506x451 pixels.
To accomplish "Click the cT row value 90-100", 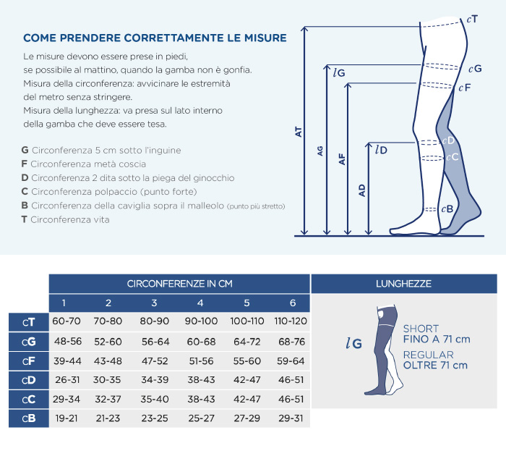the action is pos(201,321).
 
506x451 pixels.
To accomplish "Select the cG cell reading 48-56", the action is pos(68,341).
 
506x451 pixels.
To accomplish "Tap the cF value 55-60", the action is pos(247,361).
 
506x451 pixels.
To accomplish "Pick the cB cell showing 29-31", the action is pos(291,418).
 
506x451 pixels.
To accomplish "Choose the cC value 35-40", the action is pos(155,400).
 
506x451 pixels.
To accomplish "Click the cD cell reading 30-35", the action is pos(107,380).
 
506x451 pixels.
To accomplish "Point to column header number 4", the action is pos(200,303).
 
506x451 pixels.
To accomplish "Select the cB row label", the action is pos(29,418).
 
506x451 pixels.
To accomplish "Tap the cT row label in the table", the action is pos(29,322).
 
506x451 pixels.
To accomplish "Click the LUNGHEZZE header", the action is pos(403,284).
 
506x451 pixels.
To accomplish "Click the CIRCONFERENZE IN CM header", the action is pos(180,284).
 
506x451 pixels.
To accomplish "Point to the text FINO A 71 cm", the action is pos(437,340).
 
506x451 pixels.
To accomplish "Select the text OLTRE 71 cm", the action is pos(435,366).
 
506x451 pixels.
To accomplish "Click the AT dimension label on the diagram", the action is pos(299,132).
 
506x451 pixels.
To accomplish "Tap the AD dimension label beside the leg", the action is pos(362,190).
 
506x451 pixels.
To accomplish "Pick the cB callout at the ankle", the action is pos(447,209).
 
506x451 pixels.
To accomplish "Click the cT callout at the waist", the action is pos(472,20).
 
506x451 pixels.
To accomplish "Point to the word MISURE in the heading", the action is pos(265,38).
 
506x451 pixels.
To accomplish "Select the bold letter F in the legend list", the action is pos(24,164).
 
